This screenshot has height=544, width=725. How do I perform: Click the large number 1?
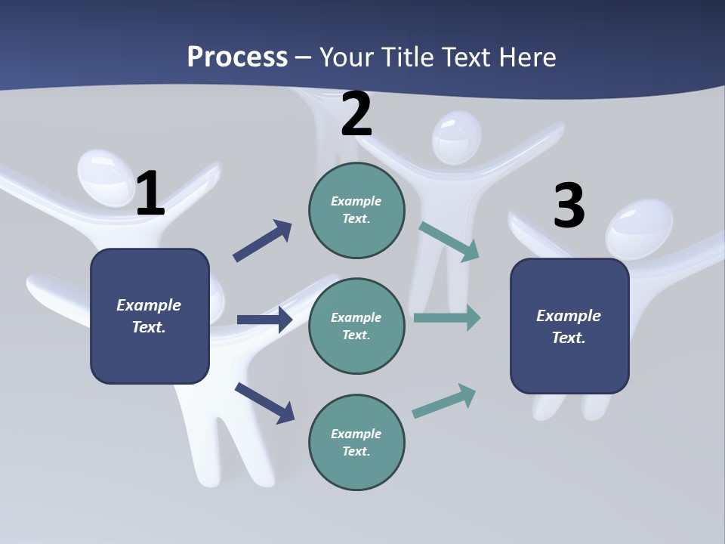(150, 193)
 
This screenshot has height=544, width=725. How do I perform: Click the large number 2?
(356, 114)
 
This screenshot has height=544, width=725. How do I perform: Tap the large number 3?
(569, 206)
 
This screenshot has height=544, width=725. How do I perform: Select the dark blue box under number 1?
(150, 316)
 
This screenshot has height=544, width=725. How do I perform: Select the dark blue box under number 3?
(569, 326)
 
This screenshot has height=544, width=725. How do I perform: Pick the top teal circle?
(356, 210)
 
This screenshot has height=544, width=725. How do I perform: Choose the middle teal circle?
(356, 326)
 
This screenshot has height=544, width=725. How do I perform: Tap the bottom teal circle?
(356, 442)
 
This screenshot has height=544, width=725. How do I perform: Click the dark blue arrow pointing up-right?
(263, 240)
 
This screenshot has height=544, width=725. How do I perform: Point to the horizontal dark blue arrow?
(264, 320)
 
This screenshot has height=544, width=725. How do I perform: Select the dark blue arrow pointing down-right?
(264, 403)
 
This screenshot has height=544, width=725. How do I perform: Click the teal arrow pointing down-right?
(449, 242)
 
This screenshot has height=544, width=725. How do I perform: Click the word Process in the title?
(237, 57)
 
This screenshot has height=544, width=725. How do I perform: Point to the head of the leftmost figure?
(104, 176)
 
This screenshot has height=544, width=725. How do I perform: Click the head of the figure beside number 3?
(639, 229)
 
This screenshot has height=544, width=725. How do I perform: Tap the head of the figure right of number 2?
(456, 138)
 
